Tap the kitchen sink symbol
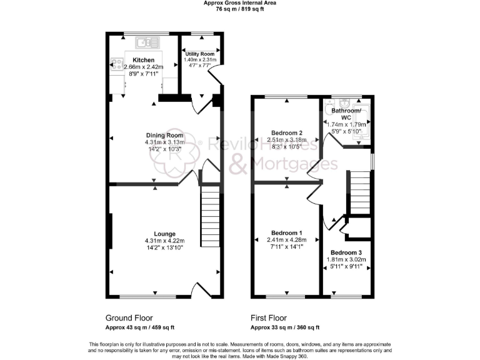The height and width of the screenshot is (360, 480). point(147,42)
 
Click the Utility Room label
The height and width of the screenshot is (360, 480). point(199,54)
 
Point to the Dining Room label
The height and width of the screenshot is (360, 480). point(164,135)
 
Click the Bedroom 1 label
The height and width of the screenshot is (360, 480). point(287,232)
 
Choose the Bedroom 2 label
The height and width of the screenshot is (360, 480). point(287,132)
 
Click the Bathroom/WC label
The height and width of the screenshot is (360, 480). point(346,113)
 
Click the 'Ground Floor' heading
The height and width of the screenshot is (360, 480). point(129,317)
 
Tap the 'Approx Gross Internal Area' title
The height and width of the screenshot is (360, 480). point(239,3)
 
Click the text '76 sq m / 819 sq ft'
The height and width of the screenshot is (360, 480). point(239,9)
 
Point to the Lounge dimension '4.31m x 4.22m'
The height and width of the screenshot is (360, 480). point(166,241)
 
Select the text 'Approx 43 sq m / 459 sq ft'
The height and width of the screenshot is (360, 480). point(140,327)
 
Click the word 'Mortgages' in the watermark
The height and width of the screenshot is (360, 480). point(284,166)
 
